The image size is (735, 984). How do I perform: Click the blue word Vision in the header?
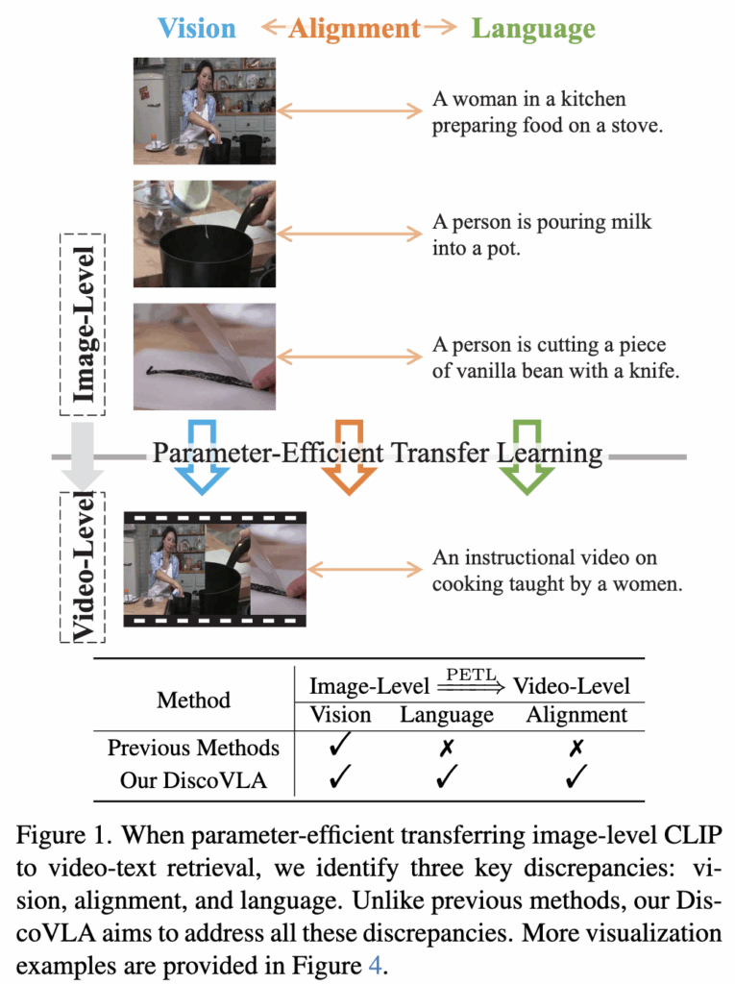click(197, 28)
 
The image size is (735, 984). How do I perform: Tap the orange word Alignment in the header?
click(355, 29)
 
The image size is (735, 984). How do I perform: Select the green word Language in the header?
click(533, 29)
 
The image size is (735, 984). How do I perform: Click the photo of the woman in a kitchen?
click(205, 111)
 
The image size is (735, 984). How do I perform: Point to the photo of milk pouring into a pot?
click(205, 234)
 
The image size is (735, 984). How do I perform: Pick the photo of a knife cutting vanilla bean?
click(205, 357)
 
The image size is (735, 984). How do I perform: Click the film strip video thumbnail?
click(214, 569)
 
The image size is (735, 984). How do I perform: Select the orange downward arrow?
click(349, 456)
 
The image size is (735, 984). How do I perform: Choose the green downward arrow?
click(527, 456)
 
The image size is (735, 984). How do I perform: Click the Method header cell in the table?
click(193, 700)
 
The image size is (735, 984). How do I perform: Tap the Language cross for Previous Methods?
click(447, 748)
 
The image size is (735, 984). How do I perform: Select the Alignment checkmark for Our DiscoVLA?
click(576, 778)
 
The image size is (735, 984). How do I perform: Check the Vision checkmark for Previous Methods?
click(340, 747)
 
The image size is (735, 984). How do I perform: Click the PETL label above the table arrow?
click(472, 675)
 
